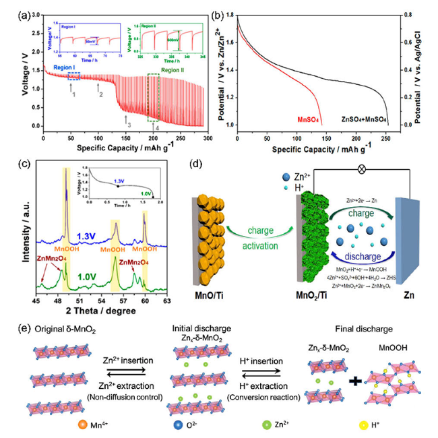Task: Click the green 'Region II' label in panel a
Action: click(173, 69)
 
